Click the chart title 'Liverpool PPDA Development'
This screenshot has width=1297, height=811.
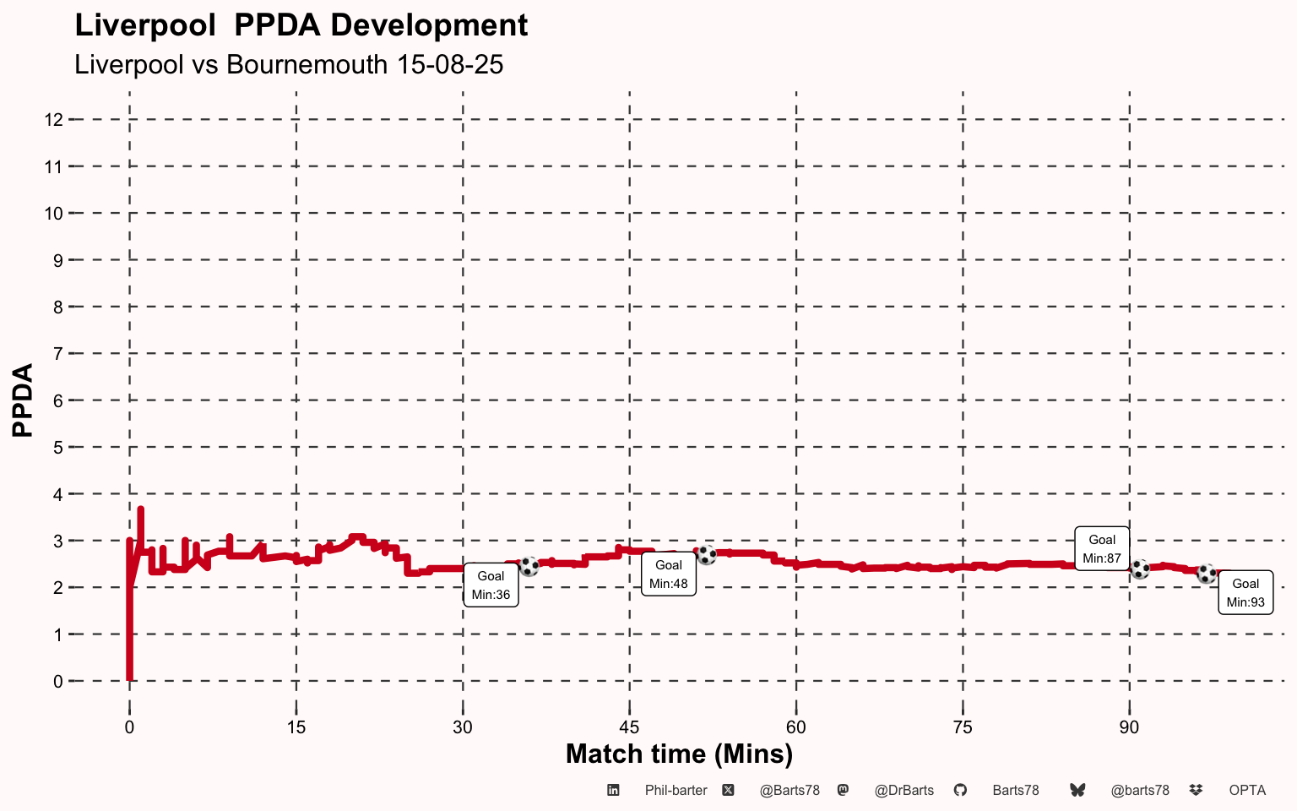(x=301, y=25)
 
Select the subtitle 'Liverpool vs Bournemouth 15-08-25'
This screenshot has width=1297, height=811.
(x=289, y=64)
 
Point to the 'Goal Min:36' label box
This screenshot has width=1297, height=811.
(x=491, y=585)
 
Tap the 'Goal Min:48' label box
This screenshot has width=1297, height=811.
(x=668, y=574)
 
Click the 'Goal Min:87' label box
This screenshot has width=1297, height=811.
(x=1101, y=548)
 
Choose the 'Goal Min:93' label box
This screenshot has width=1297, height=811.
(x=1245, y=592)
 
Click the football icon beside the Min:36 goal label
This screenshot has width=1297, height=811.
(x=529, y=566)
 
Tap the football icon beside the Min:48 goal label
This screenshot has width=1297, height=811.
(x=706, y=555)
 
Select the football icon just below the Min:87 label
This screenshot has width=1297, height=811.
(x=1140, y=569)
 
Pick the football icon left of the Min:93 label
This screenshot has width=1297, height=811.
(x=1207, y=574)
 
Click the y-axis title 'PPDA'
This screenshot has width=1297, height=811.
(x=23, y=400)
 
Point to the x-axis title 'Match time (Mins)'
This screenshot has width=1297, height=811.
(x=679, y=754)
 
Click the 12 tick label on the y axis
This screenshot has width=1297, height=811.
(x=54, y=120)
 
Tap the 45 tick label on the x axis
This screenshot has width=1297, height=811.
(x=629, y=727)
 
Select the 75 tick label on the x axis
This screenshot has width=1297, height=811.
(x=963, y=727)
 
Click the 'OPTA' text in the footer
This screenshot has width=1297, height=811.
(x=1247, y=791)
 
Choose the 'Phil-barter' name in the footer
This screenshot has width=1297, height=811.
(x=676, y=791)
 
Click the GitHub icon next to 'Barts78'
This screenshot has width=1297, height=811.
(x=960, y=791)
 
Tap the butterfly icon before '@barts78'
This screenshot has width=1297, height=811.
(x=1077, y=791)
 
